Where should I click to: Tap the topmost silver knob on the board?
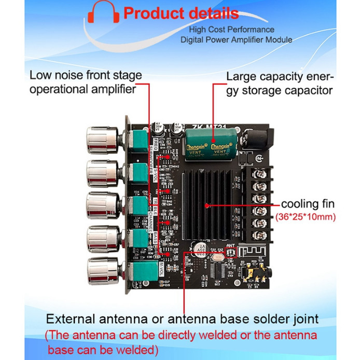click(102, 140)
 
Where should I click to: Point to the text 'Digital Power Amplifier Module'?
click(236, 39)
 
